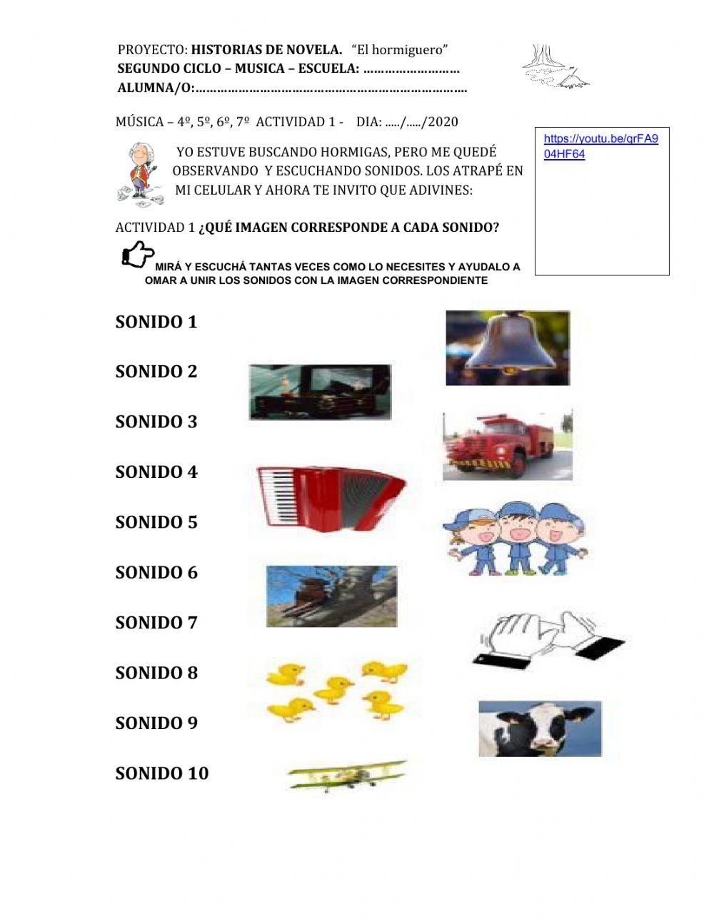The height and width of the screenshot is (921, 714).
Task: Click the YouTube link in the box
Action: [600, 146]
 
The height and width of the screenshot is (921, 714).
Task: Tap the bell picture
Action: [508, 348]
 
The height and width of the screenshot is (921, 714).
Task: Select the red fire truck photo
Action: [507, 446]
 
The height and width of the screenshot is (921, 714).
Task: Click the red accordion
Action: [331, 497]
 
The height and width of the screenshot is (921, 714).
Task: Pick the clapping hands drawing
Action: [548, 637]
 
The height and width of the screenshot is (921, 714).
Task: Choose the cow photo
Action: [540, 728]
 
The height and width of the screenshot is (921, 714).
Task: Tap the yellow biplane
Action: [346, 776]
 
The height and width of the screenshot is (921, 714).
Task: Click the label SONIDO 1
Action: [156, 322]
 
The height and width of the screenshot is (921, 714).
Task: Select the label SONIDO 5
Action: [156, 522]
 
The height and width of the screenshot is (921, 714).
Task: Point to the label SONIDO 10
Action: [161, 773]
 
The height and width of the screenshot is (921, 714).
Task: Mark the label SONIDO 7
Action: [156, 623]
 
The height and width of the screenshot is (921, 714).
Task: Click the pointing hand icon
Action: [137, 254]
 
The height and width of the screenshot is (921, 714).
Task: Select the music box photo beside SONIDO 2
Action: [320, 392]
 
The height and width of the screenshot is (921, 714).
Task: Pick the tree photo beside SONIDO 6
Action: [331, 596]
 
